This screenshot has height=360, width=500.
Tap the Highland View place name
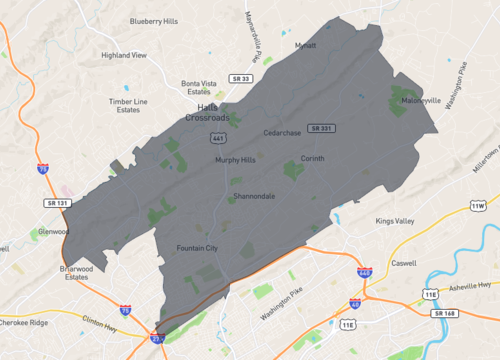click(124, 55)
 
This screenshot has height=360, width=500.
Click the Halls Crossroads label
click(207, 112)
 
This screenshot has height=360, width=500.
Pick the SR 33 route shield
click(239, 77)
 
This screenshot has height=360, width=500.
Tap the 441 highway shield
click(217, 136)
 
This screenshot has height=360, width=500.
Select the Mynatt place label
click(304, 45)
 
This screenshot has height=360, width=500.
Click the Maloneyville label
click(420, 101)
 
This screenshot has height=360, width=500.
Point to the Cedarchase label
click(282, 132)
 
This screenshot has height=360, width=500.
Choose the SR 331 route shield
click(321, 128)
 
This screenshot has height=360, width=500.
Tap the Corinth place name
click(313, 158)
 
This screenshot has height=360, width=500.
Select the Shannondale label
click(254, 196)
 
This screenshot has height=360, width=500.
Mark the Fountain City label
click(197, 247)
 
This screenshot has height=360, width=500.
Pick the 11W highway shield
click(478, 206)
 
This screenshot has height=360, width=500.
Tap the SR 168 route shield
click(445, 313)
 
